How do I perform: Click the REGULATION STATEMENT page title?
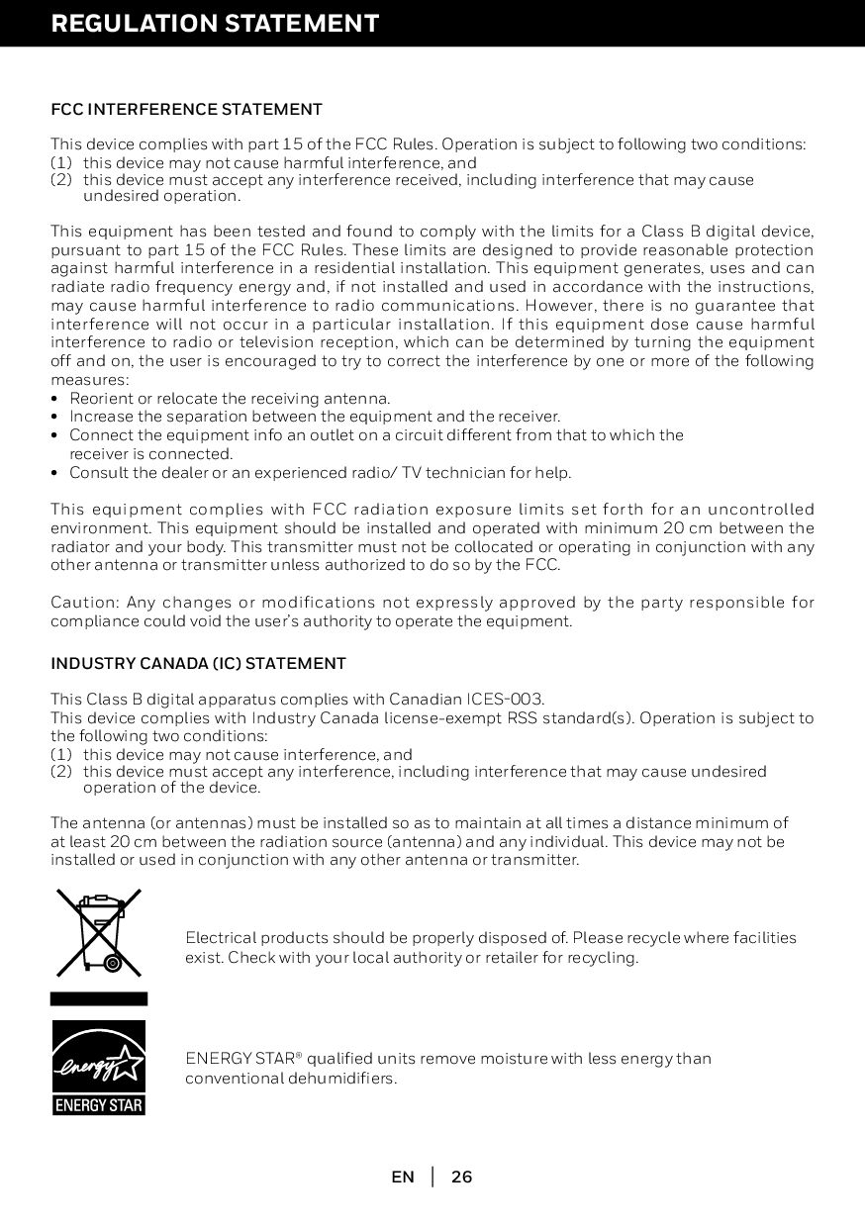click(x=215, y=24)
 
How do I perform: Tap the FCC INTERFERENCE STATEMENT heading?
click(x=186, y=109)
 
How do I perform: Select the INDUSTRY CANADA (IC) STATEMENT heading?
click(x=198, y=663)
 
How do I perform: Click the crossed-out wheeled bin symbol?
click(x=98, y=932)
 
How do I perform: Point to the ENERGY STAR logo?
click(x=98, y=1068)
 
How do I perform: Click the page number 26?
click(x=461, y=1177)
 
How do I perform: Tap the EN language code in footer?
click(x=403, y=1177)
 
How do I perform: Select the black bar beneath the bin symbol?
click(x=98, y=999)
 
